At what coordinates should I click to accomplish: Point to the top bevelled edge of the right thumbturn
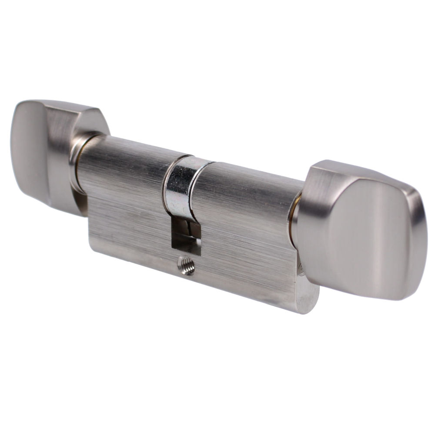[x=348, y=170]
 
